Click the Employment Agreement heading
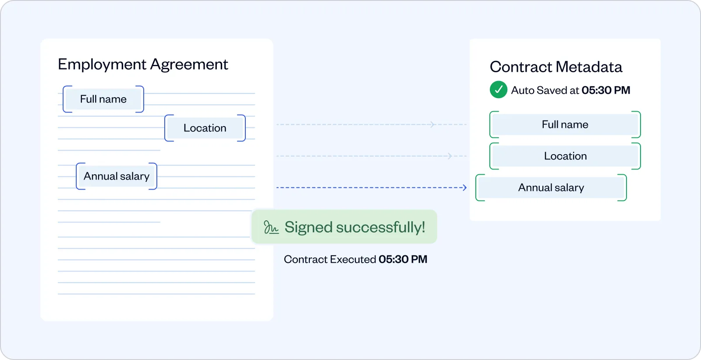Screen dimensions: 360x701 click(143, 64)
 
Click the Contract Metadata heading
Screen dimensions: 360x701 click(556, 67)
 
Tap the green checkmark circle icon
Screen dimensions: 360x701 click(498, 90)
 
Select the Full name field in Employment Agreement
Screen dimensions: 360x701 click(103, 99)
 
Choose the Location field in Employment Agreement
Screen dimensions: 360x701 click(205, 128)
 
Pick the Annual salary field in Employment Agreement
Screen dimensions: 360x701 click(117, 176)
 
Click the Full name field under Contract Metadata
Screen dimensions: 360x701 click(565, 125)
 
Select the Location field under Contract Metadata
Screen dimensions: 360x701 click(565, 156)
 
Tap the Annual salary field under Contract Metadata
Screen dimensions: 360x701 click(551, 188)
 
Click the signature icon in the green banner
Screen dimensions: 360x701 click(271, 227)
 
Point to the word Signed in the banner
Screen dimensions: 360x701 click(308, 227)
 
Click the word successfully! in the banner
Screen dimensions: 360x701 click(380, 227)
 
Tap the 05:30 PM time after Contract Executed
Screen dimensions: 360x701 click(403, 259)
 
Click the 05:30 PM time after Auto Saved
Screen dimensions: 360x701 click(605, 90)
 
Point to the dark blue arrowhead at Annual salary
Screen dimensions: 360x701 click(464, 188)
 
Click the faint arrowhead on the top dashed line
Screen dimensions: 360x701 click(432, 125)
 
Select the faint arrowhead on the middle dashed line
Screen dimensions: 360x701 click(450, 156)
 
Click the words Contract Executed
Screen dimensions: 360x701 click(329, 259)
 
